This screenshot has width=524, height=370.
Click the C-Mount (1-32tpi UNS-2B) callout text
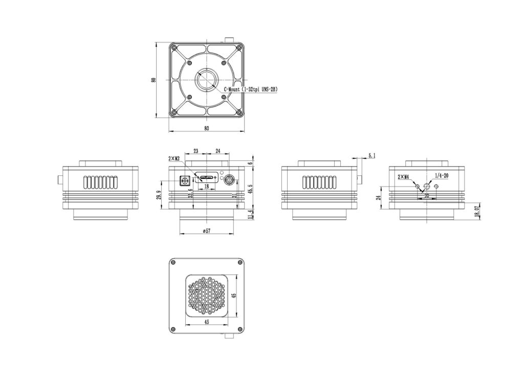click(x=251, y=89)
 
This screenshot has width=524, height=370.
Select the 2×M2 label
click(x=174, y=158)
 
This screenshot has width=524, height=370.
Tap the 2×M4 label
click(x=404, y=177)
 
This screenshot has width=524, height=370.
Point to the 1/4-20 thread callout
click(x=441, y=175)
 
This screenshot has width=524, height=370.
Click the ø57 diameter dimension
click(x=206, y=231)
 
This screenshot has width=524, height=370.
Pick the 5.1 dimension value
click(x=372, y=155)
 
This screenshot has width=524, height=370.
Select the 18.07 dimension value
click(x=477, y=212)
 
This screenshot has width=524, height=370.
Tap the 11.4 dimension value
click(x=250, y=214)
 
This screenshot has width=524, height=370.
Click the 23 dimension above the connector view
click(x=195, y=151)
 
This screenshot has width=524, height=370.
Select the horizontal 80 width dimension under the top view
click(x=206, y=128)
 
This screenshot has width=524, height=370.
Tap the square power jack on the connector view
click(x=184, y=180)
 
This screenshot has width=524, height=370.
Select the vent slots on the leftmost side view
click(x=101, y=182)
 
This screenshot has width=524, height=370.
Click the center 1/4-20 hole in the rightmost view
click(x=427, y=187)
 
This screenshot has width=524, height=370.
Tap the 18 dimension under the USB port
click(x=206, y=187)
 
